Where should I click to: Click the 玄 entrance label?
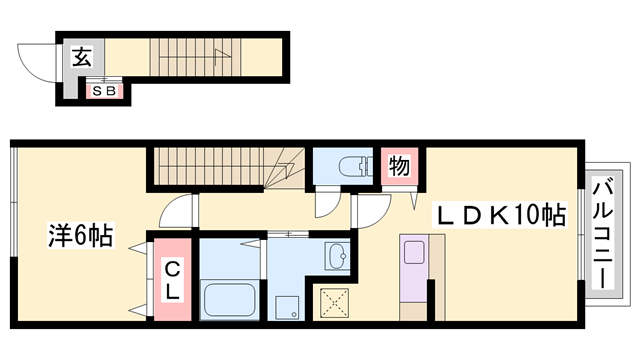[82, 57]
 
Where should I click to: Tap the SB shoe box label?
[104, 91]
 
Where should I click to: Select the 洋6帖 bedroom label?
[80, 235]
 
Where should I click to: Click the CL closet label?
[172, 281]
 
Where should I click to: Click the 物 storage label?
[399, 166]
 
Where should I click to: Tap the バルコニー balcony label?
[603, 235]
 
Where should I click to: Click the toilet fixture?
[356, 166]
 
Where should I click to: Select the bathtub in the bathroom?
[230, 299]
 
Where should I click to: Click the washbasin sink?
[337, 256]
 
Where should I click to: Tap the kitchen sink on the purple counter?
[414, 252]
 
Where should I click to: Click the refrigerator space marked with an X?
[334, 303]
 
